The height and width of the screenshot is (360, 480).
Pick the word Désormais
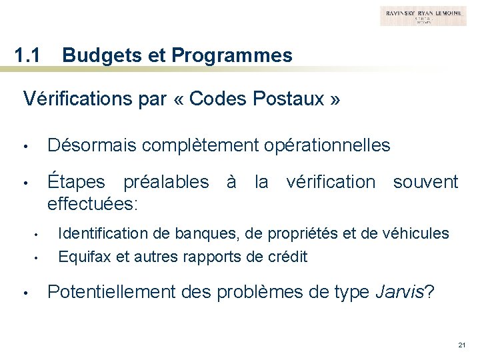tap(92, 145)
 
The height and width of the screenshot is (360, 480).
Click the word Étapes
tap(77, 181)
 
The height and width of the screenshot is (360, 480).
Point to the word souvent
tap(425, 181)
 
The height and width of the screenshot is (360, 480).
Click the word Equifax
tap(81, 257)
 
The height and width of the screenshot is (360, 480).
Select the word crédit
tap(289, 257)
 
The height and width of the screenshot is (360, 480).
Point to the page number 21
tap(461, 345)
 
